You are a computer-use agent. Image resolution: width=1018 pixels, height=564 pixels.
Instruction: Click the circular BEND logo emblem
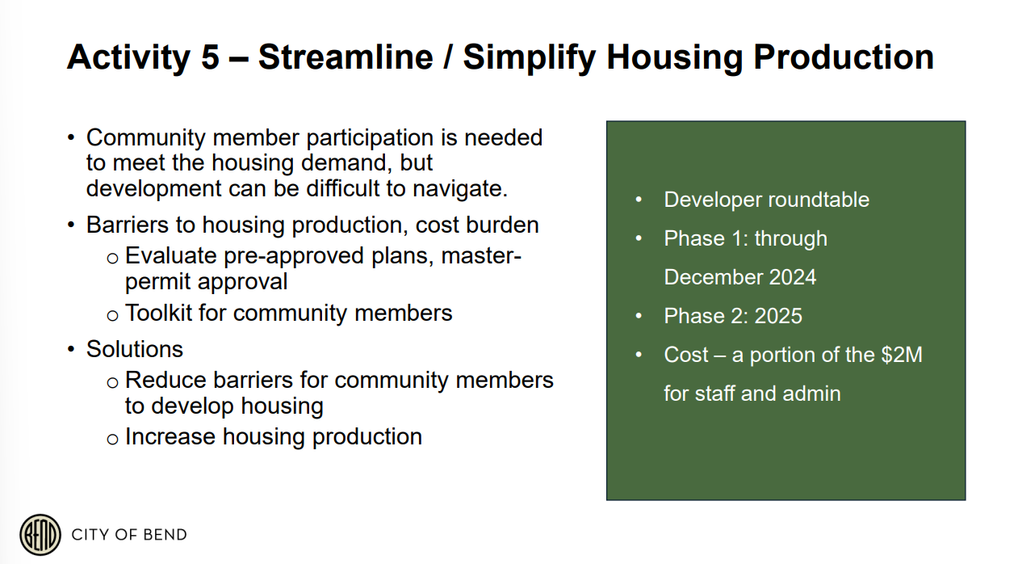[x=40, y=534]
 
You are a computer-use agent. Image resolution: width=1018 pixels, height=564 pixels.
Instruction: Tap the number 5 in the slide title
[x=210, y=57]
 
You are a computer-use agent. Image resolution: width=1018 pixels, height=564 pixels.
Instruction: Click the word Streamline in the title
[x=346, y=57]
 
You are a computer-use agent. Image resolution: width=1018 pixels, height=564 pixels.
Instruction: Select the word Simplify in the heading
[x=529, y=58]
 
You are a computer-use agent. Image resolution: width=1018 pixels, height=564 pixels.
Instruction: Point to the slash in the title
[x=448, y=57]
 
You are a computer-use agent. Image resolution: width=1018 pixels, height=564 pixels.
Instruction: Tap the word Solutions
[x=135, y=349]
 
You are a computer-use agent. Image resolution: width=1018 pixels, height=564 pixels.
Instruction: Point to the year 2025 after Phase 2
[x=778, y=316]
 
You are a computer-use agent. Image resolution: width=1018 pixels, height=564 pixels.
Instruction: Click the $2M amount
[x=902, y=355]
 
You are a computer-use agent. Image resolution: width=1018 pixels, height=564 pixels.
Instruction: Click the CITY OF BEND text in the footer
[x=129, y=534]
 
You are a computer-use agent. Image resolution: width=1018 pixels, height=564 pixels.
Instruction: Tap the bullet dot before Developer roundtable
[x=639, y=200]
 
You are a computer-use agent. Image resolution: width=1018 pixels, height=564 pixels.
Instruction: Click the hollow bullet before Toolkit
[x=112, y=315]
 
